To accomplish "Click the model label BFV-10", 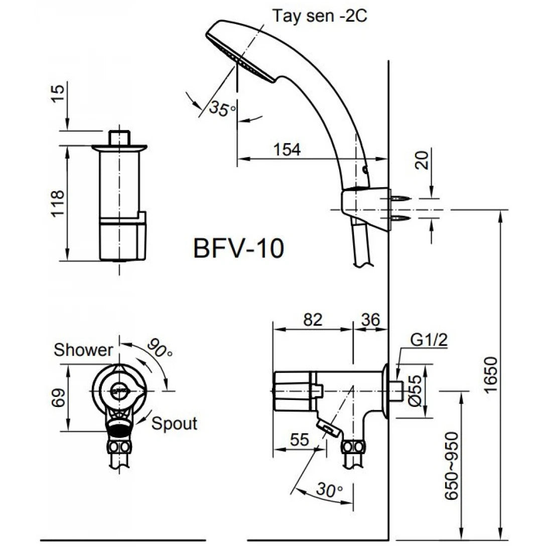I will [x=239, y=248].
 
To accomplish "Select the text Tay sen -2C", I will [x=320, y=16].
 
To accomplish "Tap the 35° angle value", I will [x=222, y=109].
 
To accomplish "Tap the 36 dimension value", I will [x=370, y=319].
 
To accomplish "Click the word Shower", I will [x=84, y=350].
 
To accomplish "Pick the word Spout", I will [x=174, y=424].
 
